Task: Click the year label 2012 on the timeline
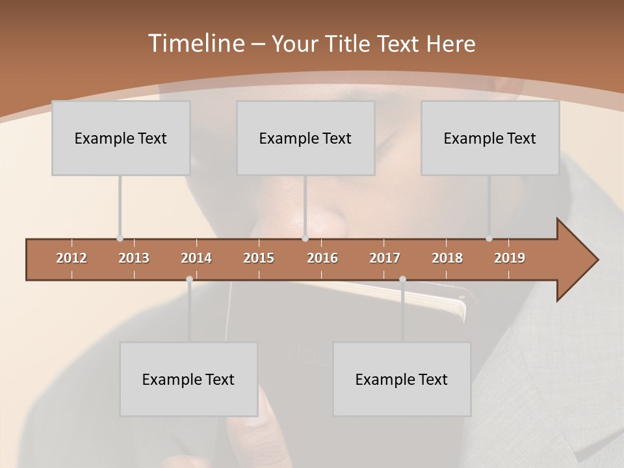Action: pyautogui.click(x=71, y=258)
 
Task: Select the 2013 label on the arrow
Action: pyautogui.click(x=134, y=258)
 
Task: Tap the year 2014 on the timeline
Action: pyautogui.click(x=196, y=258)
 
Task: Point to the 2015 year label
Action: pyautogui.click(x=259, y=258)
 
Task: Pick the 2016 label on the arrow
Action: pyautogui.click(x=322, y=258)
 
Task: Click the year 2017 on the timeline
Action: pyautogui.click(x=385, y=258)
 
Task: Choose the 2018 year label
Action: pyautogui.click(x=447, y=258)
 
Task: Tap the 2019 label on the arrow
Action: pyautogui.click(x=510, y=258)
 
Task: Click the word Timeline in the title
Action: pyautogui.click(x=195, y=44)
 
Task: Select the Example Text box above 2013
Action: pyautogui.click(x=121, y=138)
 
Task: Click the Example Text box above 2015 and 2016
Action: pyautogui.click(x=305, y=138)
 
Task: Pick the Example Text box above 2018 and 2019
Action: pyautogui.click(x=490, y=138)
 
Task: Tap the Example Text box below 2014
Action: pyautogui.click(x=188, y=379)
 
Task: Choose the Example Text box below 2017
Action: pyautogui.click(x=402, y=379)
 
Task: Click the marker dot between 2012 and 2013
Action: pyautogui.click(x=120, y=239)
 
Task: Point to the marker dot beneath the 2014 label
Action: pyautogui.click(x=189, y=279)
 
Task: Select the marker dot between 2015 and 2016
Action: pyautogui.click(x=305, y=239)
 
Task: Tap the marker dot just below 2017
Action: pyautogui.click(x=402, y=279)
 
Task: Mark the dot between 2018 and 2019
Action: pyautogui.click(x=489, y=239)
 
